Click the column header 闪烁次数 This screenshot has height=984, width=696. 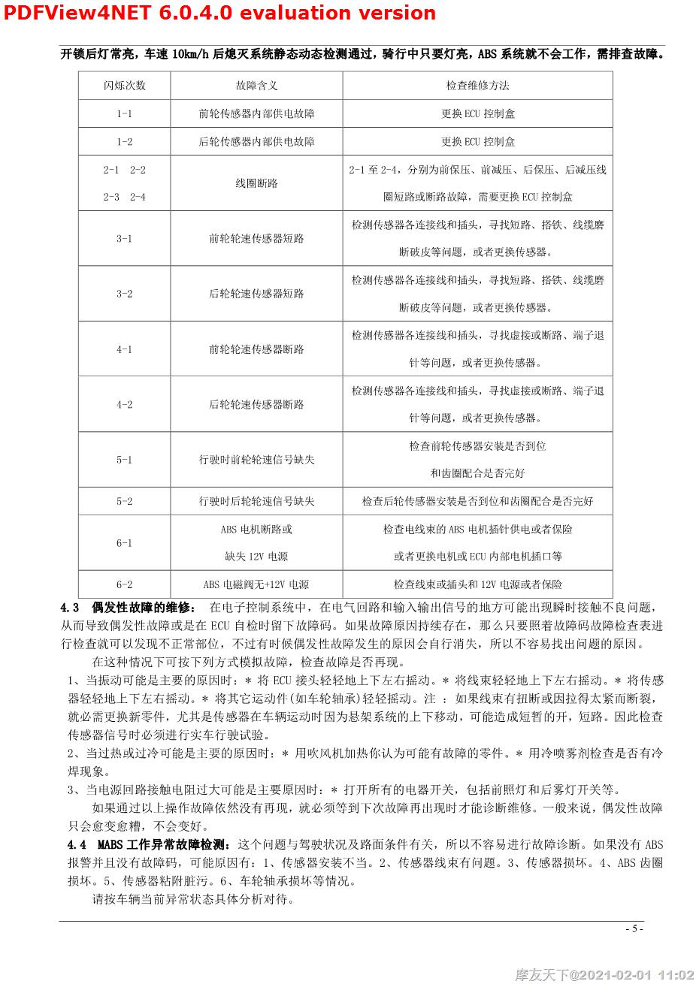point(125,86)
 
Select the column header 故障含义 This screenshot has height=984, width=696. point(256,86)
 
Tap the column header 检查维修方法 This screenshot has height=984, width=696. point(477,86)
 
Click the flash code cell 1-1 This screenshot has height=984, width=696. point(125,114)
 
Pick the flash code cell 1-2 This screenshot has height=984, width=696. point(125,142)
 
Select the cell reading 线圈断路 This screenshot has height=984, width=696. point(256,183)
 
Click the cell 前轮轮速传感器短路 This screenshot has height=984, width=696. point(256,239)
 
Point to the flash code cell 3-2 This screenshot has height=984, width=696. point(125,294)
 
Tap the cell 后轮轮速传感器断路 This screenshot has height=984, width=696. point(256,404)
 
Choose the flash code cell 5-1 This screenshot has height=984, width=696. point(125,459)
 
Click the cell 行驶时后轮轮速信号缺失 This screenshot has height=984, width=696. point(256,501)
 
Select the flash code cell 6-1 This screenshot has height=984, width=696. point(125,542)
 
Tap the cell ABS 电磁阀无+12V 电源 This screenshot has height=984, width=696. point(256,584)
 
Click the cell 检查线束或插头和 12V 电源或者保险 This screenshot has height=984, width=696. point(477,584)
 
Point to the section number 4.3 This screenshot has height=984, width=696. point(70,607)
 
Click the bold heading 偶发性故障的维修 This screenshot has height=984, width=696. point(143,607)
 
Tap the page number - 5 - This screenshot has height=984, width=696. point(634,928)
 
